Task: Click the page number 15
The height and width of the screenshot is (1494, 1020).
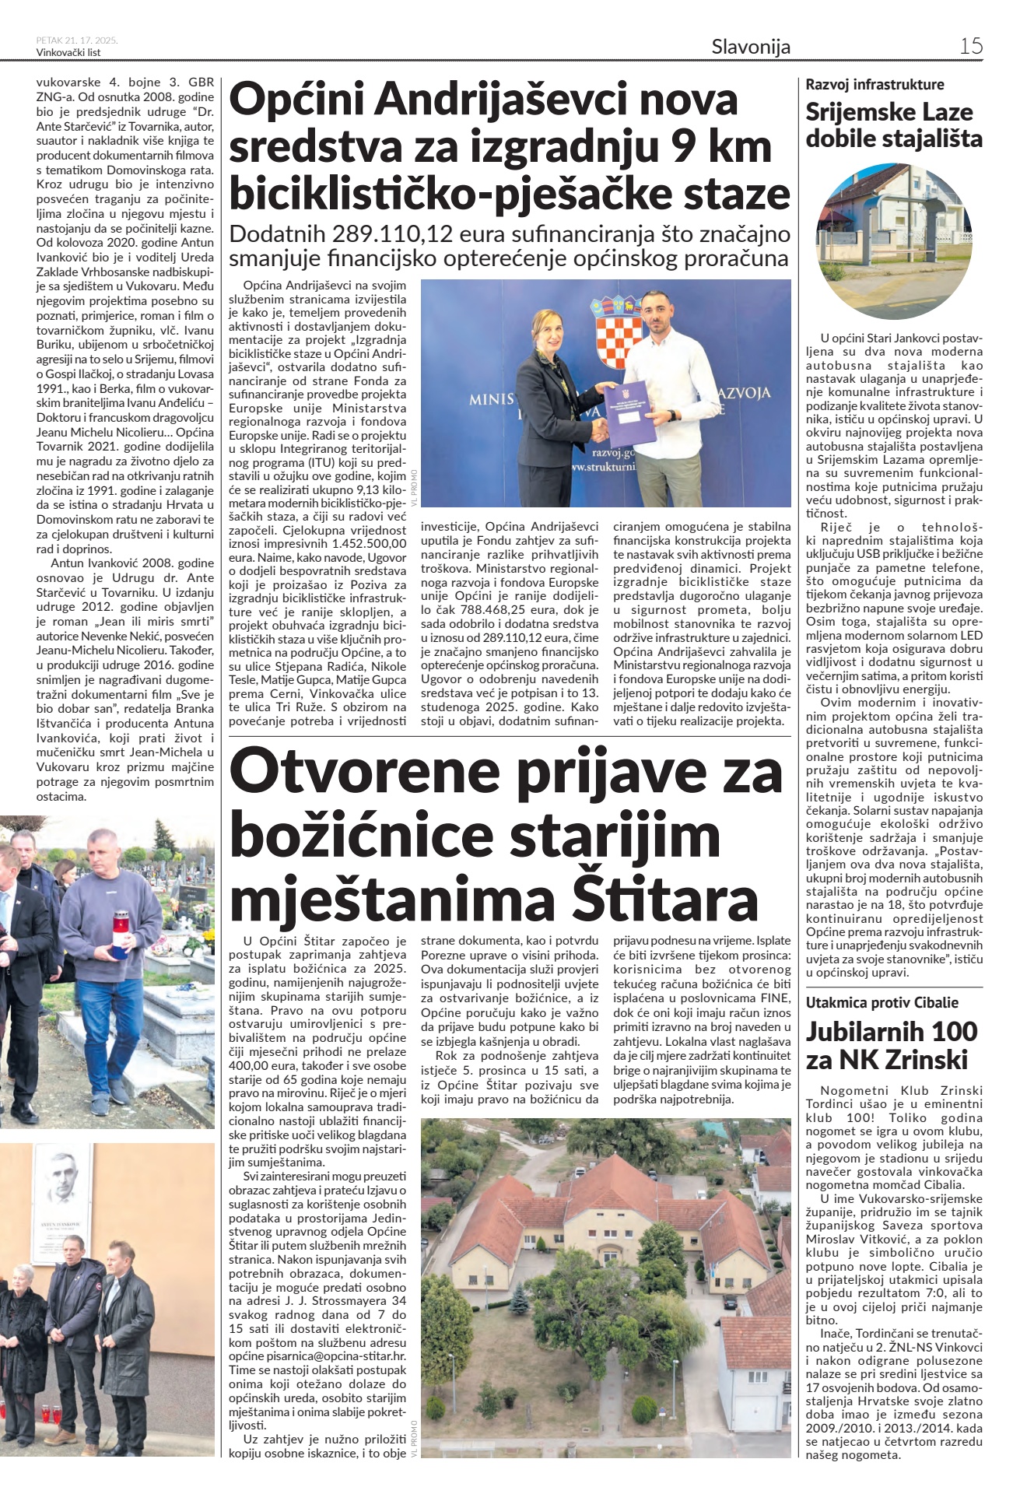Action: click(x=970, y=46)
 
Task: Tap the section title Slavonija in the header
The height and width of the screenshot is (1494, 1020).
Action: click(x=750, y=47)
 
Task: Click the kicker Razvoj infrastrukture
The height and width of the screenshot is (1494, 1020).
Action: click(x=875, y=84)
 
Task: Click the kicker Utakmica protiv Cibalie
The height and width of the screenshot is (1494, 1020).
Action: click(x=882, y=1002)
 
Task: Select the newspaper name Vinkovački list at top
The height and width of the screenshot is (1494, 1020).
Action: click(x=68, y=53)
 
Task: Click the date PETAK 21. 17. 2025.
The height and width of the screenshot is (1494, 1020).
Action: click(x=76, y=40)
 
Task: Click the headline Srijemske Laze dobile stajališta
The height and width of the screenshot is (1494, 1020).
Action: click(x=893, y=125)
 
